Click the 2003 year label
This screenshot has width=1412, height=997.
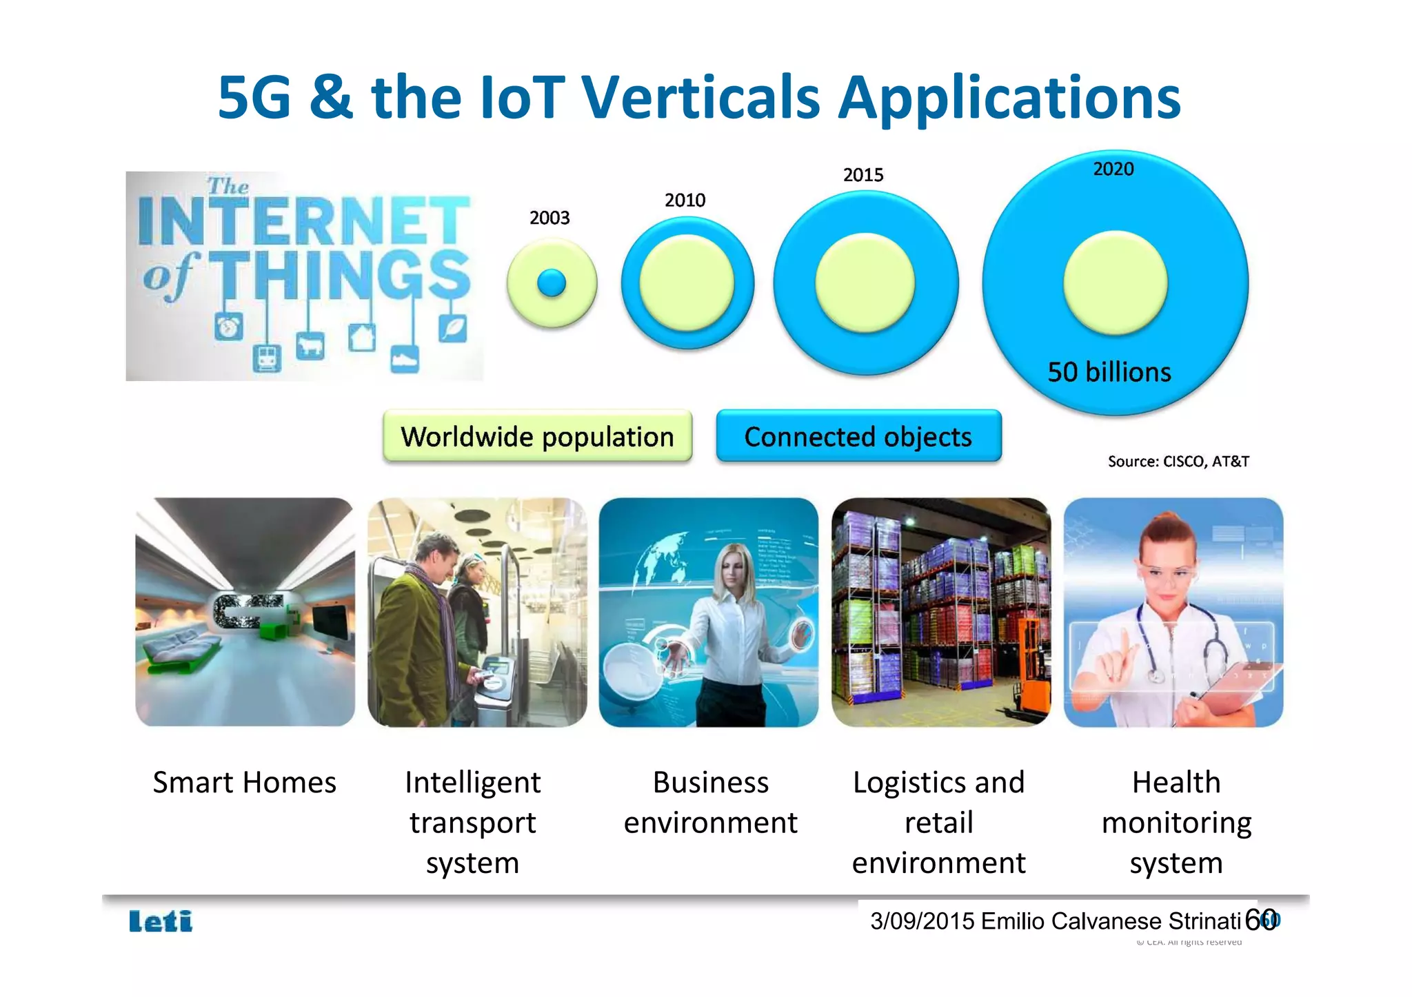tap(549, 218)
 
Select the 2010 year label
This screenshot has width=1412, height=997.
tap(685, 200)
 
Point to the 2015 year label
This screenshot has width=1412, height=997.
tap(863, 175)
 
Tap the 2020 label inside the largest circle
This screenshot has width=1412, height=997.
tap(1113, 169)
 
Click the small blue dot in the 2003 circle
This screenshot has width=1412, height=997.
tap(551, 282)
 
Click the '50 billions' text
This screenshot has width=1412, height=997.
tap(1109, 372)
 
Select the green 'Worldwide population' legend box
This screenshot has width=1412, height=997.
tap(537, 436)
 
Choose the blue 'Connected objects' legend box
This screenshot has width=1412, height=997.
tap(858, 436)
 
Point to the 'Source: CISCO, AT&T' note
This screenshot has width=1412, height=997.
tap(1178, 462)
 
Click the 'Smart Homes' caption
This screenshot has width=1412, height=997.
tap(244, 783)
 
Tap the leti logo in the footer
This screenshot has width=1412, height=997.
tap(161, 921)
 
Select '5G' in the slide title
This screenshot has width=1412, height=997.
tap(254, 98)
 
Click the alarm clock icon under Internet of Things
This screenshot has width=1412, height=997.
tap(228, 327)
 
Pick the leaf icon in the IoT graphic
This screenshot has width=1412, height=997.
tap(452, 328)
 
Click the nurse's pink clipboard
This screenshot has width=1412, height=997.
tap(1234, 682)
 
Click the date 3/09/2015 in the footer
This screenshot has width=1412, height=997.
tap(922, 921)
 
